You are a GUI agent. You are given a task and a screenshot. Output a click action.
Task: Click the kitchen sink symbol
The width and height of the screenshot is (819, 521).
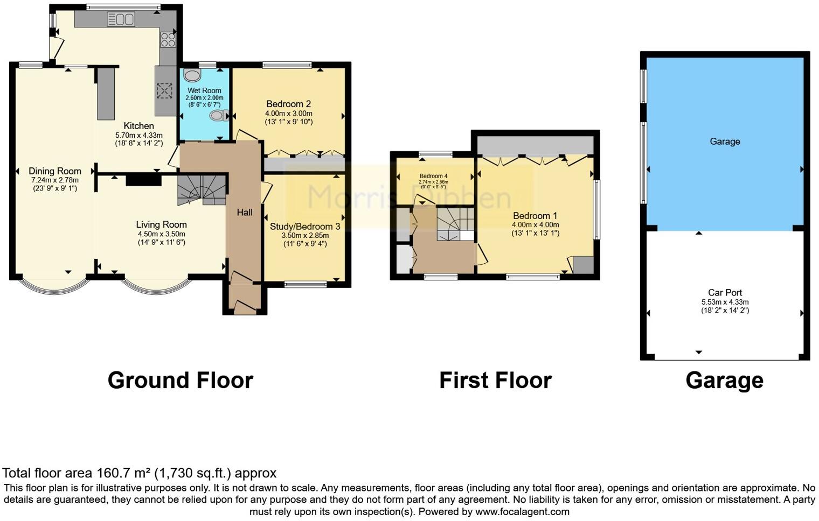[x=121, y=20]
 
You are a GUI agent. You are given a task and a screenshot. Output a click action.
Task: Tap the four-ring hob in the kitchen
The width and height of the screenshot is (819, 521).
[x=168, y=40]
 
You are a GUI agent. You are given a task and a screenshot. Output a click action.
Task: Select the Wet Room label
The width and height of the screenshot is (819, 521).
[x=204, y=90]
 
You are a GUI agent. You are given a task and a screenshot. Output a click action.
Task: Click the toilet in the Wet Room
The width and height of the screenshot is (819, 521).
[x=218, y=115]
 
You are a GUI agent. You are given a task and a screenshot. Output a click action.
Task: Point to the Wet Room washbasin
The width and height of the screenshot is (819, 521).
[x=192, y=75]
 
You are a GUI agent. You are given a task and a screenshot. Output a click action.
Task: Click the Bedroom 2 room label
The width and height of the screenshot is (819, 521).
[x=288, y=104]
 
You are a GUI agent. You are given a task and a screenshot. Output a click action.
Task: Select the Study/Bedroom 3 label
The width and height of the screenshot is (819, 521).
[x=305, y=227]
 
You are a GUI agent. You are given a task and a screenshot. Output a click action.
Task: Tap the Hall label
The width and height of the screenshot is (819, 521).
[x=245, y=213]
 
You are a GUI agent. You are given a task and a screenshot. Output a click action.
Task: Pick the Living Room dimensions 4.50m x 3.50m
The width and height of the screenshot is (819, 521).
[x=161, y=234]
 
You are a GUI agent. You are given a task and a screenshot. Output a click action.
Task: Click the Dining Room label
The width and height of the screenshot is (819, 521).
[x=55, y=171]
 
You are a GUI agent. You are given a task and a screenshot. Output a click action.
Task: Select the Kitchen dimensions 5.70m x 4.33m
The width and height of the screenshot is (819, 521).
[x=138, y=135]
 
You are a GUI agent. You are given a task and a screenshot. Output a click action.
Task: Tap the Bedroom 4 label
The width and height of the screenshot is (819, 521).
[x=433, y=176]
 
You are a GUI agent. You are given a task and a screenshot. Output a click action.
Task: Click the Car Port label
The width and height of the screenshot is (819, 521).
[x=725, y=293]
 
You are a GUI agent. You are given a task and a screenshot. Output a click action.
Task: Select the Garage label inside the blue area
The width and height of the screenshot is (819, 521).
[x=725, y=142]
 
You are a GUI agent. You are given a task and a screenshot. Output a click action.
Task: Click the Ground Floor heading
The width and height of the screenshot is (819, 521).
[x=180, y=381]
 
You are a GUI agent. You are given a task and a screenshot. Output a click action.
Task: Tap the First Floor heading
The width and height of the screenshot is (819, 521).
[x=495, y=381]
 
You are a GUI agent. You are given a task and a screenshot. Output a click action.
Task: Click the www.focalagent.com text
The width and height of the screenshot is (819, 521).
[x=522, y=512]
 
